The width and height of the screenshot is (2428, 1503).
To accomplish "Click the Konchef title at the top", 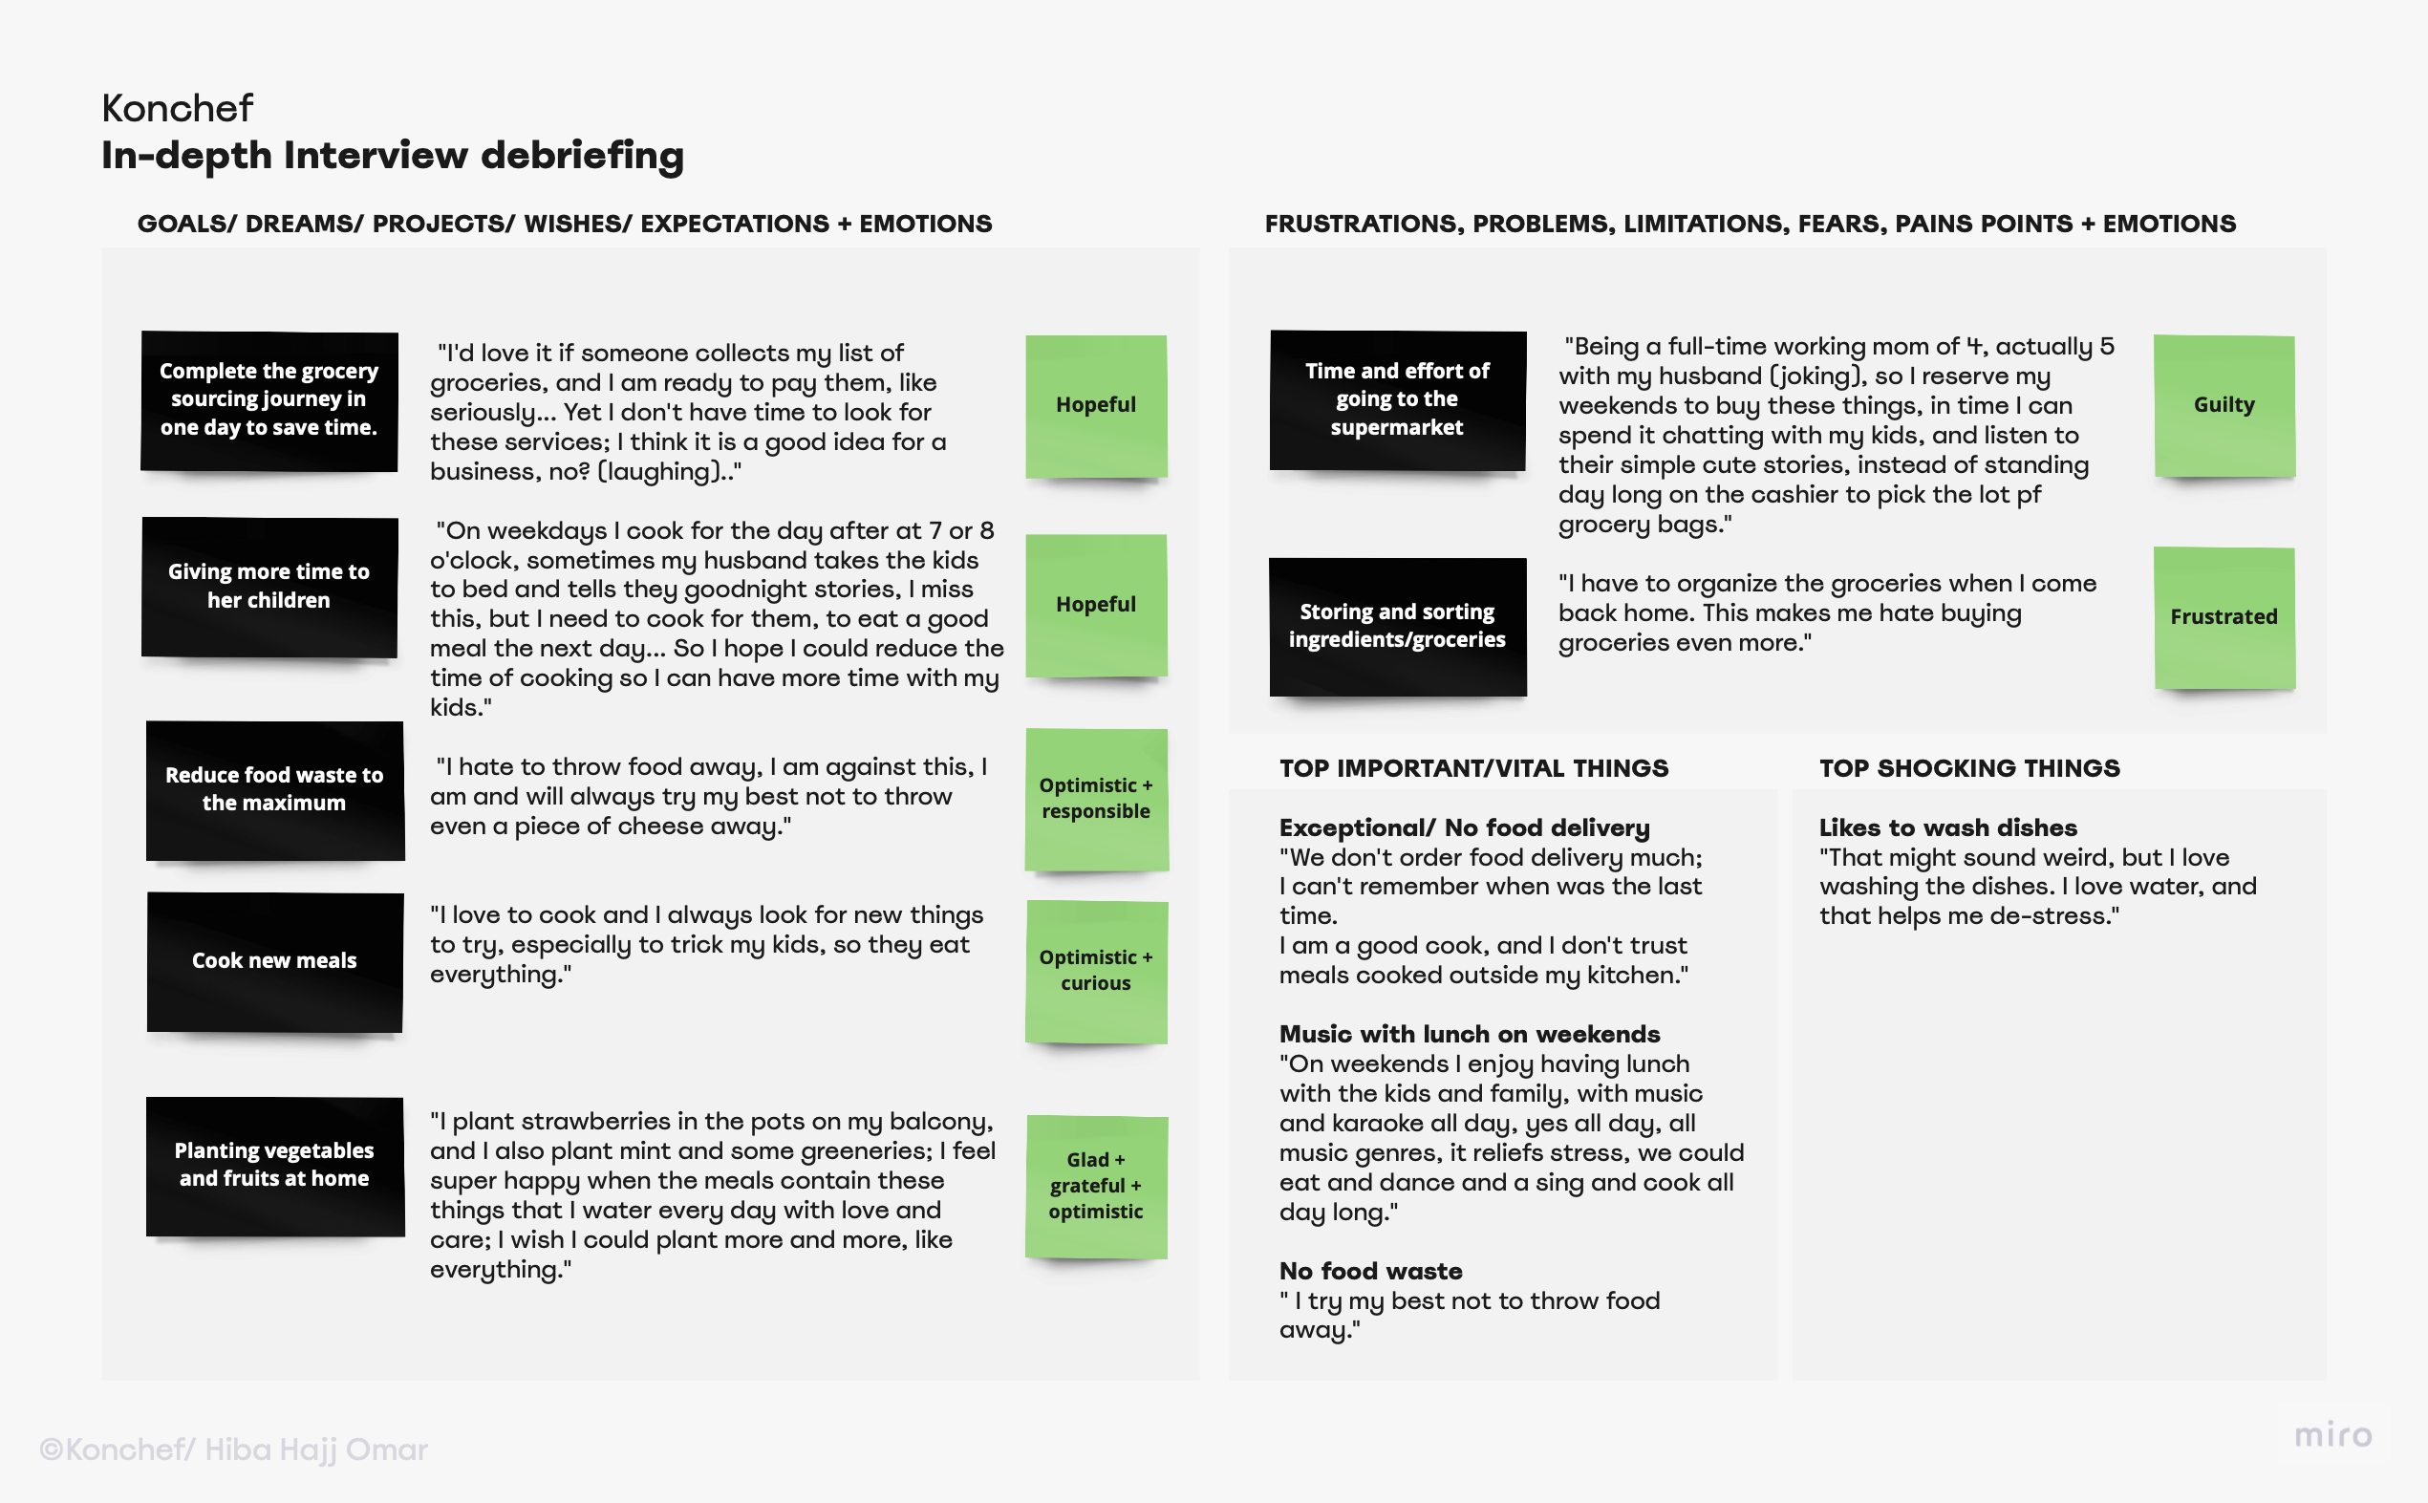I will [177, 108].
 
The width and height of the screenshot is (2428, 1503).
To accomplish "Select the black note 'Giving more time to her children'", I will [269, 587].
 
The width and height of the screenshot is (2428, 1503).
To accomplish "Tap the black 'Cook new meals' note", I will [274, 961].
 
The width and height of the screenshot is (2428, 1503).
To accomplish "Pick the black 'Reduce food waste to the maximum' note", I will [274, 789].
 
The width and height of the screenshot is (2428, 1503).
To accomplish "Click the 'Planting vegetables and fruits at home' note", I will [274, 1165].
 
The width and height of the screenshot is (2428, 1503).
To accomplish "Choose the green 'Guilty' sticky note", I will [2224, 405].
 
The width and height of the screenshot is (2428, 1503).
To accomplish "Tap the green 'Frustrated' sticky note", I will [2224, 617].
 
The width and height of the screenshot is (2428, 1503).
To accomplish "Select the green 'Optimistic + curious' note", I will [1095, 970].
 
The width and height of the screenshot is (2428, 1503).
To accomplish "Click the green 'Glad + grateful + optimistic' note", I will [1095, 1186].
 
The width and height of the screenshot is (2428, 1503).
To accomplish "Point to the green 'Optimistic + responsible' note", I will [1095, 798].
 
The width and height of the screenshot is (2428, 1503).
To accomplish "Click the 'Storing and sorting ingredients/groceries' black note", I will [1396, 626].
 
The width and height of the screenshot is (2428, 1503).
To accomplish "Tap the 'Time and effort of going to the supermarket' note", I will [1396, 399].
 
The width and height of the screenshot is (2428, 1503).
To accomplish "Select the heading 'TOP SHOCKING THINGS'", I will [1968, 768].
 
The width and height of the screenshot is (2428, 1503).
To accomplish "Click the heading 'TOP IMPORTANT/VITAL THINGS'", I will [1472, 768].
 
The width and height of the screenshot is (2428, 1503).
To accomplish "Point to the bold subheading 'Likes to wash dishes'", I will [1947, 828].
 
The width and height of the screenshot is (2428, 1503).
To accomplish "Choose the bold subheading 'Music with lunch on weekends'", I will [1469, 1035].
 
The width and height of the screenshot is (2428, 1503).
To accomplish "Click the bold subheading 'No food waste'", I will [1369, 1272].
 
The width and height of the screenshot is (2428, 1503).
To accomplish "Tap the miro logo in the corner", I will [2332, 1435].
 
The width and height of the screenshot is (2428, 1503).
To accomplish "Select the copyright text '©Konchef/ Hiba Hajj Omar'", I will [233, 1449].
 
